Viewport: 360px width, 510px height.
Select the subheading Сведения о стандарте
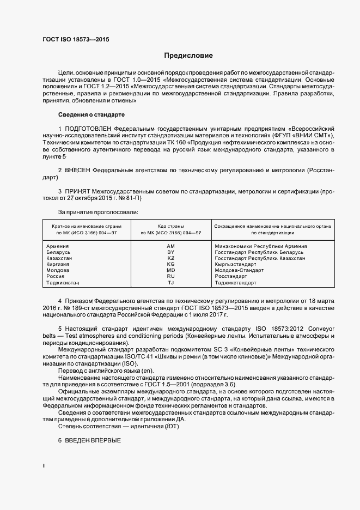click(91, 115)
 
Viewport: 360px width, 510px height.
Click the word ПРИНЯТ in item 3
click(78, 192)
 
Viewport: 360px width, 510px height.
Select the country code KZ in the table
click(170, 258)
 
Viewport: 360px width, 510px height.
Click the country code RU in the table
click(170, 276)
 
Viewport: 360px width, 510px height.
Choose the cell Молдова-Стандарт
click(239, 270)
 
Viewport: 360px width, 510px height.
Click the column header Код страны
click(170, 226)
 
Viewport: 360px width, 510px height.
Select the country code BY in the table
click(170, 252)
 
